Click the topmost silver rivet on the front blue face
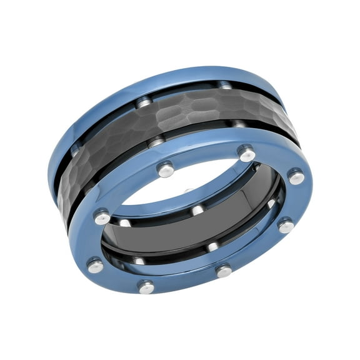pyautogui.click(x=247, y=153)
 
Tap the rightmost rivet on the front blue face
pyautogui.click(x=296, y=177)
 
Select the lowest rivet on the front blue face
pyautogui.click(x=146, y=287)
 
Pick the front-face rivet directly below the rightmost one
pyautogui.click(x=286, y=226)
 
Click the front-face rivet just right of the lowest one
pyautogui.click(x=224, y=271)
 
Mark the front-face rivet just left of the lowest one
pyautogui.click(x=96, y=266)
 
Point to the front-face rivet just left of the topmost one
pyautogui.click(x=165, y=169)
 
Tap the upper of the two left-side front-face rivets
pyautogui.click(x=102, y=217)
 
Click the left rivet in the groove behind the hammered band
pyautogui.click(x=144, y=102)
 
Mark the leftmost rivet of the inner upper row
pyautogui.click(x=125, y=222)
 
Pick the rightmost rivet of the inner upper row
pyautogui.click(x=271, y=204)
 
